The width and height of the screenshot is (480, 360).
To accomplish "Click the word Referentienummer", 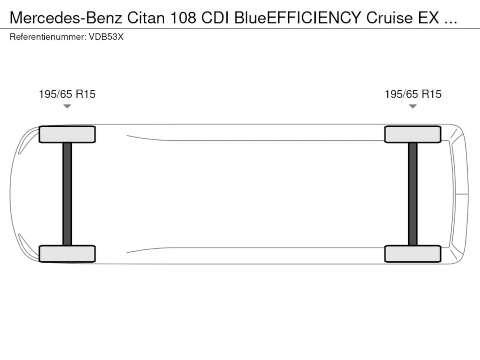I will coord(48,37).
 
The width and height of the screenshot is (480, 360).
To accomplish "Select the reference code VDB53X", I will coord(106,37).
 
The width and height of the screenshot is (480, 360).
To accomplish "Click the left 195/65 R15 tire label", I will coord(67,94).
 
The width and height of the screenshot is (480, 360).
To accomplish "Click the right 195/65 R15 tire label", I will coord(413,94).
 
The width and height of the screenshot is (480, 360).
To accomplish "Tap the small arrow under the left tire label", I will coord(67,106).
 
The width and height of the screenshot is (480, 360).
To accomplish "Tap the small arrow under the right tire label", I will coord(413,106).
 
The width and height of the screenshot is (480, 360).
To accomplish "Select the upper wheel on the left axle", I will coord(67,134).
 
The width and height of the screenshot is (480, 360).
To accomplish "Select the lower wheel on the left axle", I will coord(67,253).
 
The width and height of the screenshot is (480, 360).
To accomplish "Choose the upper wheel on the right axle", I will coord(413,134).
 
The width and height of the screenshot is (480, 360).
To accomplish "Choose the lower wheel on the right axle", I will coord(413,253).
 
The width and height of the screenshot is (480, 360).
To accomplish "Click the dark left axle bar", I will coord(67,194).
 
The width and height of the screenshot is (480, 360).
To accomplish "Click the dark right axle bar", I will coord(413,194).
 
